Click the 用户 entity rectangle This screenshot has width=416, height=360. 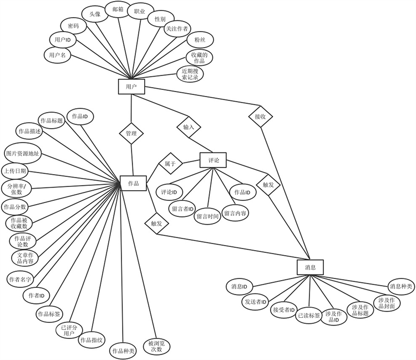(131, 87)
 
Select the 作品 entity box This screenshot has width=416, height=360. (133, 183)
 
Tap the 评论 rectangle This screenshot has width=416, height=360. (214, 160)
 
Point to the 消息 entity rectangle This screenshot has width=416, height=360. (310, 267)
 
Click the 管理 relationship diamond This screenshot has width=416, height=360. (131, 133)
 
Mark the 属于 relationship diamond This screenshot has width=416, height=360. (170, 164)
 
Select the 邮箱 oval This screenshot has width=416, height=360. (117, 10)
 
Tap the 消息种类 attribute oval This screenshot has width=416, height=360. (400, 286)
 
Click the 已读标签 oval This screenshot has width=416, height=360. (309, 316)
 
